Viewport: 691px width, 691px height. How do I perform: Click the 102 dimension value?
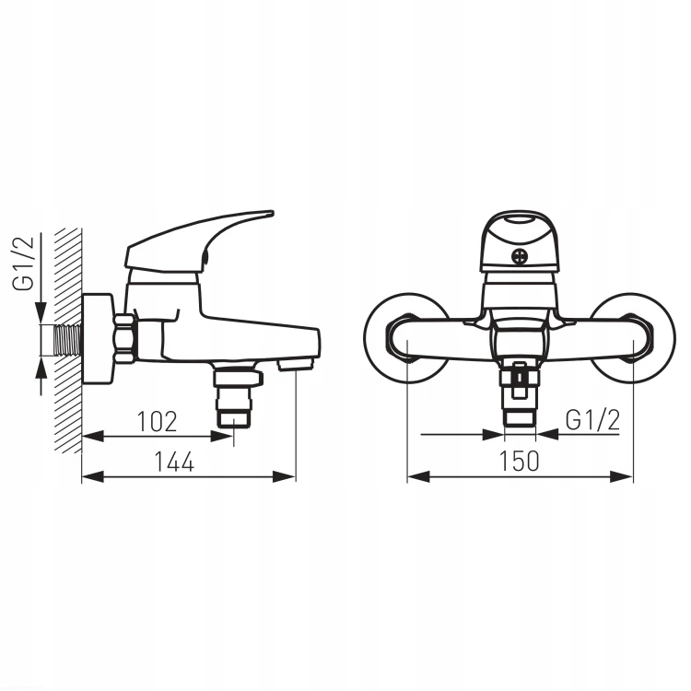(158, 421)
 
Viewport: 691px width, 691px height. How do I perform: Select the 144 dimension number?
(174, 462)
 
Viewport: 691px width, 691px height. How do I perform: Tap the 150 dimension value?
(519, 461)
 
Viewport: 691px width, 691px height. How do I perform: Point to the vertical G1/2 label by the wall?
(23, 264)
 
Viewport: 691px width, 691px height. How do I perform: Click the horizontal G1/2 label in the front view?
(592, 420)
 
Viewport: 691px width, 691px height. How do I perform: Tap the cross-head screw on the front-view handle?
(519, 256)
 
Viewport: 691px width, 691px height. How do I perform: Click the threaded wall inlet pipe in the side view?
(68, 340)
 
